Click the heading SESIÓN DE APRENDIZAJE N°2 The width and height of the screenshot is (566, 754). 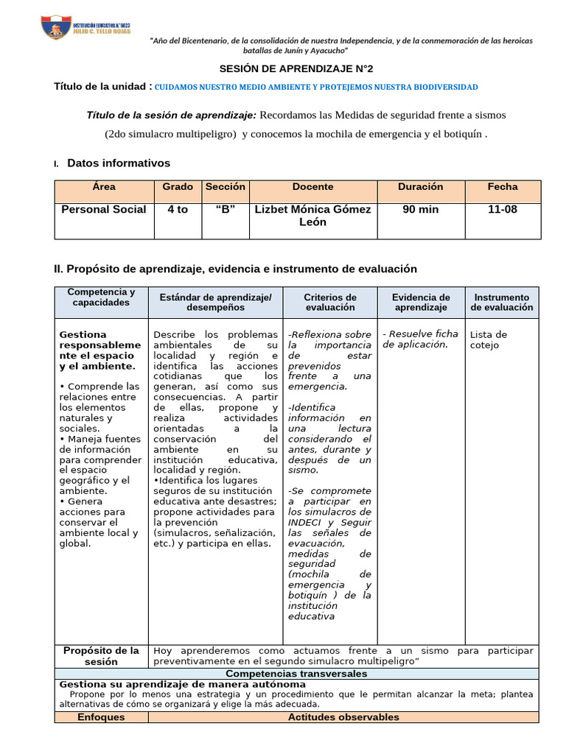[282, 68]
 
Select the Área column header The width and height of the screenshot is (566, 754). [104, 187]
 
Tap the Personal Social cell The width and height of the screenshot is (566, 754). [104, 210]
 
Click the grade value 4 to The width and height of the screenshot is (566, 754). [178, 210]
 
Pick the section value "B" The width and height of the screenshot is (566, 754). [225, 210]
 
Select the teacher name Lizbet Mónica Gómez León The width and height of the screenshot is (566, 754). [312, 216]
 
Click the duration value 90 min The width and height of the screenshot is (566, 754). [420, 210]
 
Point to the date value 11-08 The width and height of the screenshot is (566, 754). [503, 210]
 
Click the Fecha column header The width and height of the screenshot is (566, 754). [503, 187]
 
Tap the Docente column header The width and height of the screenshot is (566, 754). [312, 187]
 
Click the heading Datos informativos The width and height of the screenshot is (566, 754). [118, 163]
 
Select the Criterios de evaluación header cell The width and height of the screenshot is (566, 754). [330, 302]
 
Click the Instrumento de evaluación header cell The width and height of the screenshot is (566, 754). [501, 302]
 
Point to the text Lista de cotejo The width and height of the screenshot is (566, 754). [489, 339]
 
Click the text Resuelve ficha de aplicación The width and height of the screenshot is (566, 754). [420, 339]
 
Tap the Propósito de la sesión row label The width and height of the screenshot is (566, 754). [101, 655]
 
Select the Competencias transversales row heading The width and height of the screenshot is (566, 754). [296, 674]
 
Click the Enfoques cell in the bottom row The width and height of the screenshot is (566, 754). [101, 717]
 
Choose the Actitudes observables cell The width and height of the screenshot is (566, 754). [343, 717]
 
